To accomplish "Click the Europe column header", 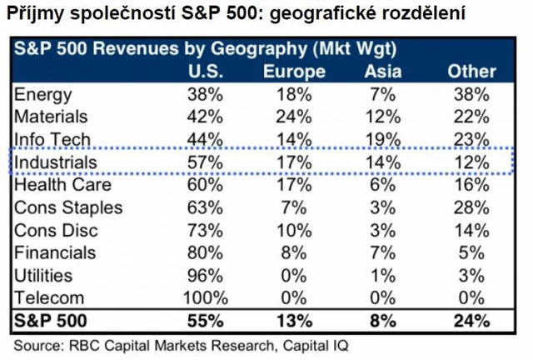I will pos(294,72).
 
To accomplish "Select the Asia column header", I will pos(383,72).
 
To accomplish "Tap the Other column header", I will pos(471,72).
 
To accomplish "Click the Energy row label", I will pos(43,94).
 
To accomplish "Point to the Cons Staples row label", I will pos(68,207).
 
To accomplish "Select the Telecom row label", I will pos(49,297).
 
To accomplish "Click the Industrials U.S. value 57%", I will pos(205,162).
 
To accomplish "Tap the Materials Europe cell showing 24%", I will pos(294,117).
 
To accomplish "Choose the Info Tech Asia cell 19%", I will pos(383,139).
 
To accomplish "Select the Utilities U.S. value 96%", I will pos(205,275).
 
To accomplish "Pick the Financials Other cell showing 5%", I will pos(472,252).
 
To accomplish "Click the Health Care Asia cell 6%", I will pos(383,184).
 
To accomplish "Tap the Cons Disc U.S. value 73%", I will pos(205,230).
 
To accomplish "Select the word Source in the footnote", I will pos(37,343).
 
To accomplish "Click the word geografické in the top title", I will pos(319,14).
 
